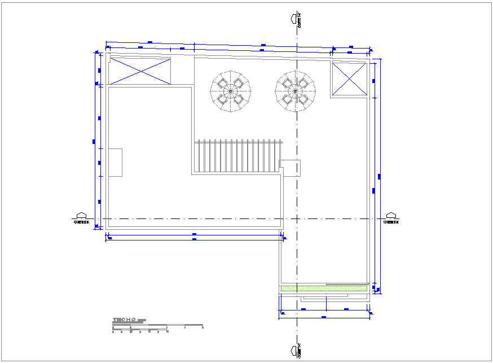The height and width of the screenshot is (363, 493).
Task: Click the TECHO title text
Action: point(124,320)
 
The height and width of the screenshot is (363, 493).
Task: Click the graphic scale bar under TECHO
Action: point(157,326)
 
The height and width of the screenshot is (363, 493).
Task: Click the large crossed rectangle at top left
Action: point(140,71)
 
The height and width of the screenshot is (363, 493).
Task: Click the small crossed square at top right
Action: point(349,78)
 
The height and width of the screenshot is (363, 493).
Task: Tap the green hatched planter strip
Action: point(324,288)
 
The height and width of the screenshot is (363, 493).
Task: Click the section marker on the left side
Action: point(81,218)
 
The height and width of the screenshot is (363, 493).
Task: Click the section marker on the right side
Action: point(391,218)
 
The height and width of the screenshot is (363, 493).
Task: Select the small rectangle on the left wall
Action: point(115,163)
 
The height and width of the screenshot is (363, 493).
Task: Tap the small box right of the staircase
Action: point(290,168)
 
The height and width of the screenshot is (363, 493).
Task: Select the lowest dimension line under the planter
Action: point(324,318)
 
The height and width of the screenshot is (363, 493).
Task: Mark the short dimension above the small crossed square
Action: point(350,47)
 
